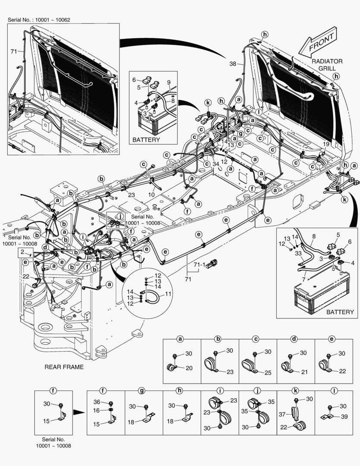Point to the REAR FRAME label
64,367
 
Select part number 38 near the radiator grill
233,63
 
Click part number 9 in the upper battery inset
169,82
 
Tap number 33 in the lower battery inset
298,254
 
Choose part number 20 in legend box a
189,368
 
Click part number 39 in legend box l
344,416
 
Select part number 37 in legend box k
282,414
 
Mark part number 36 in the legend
97,402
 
